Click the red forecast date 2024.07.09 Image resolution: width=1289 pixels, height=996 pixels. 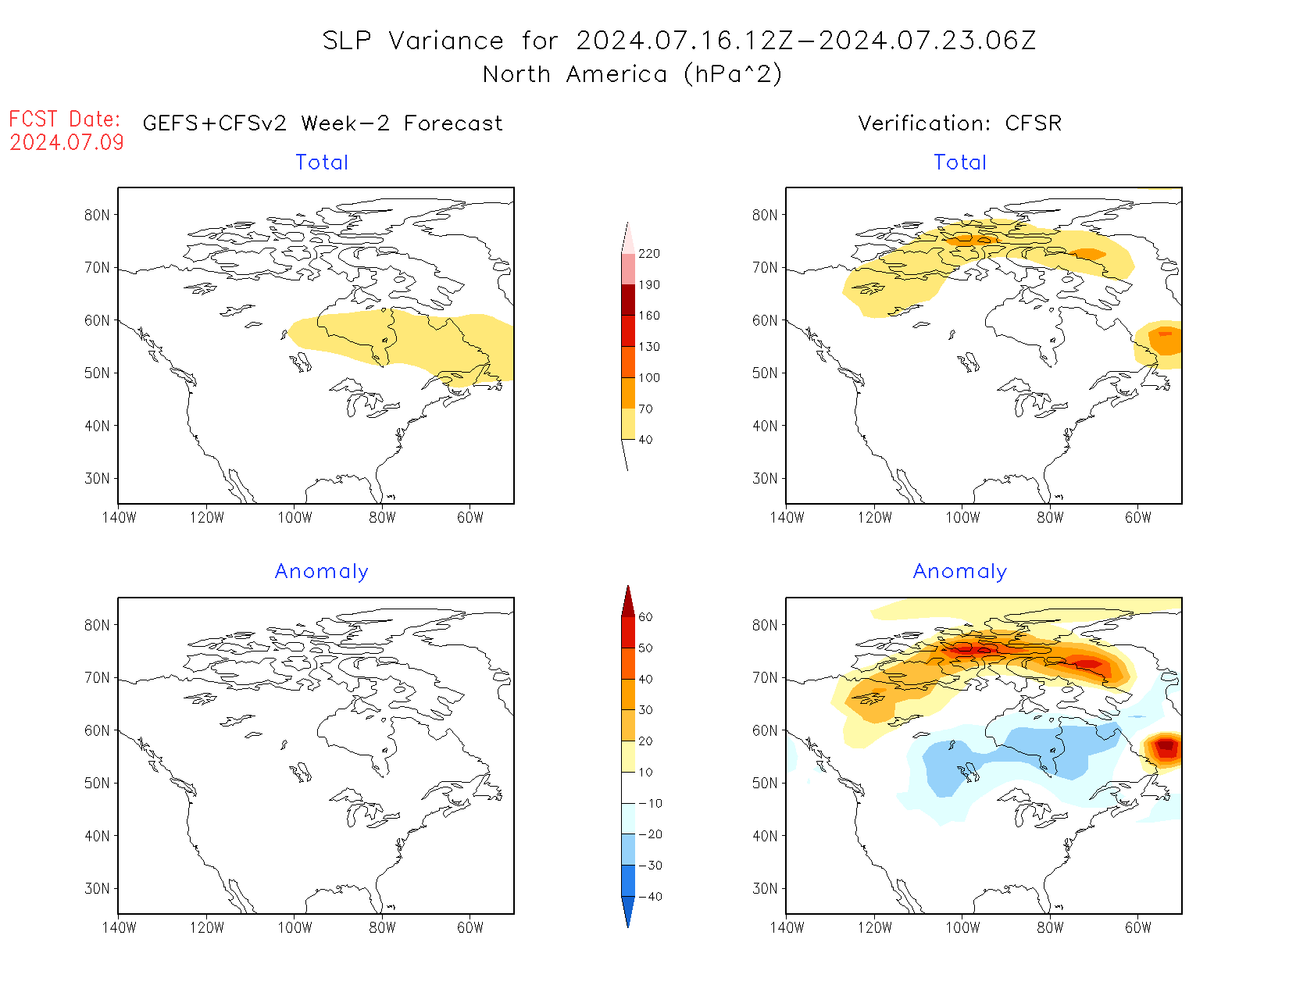(67, 142)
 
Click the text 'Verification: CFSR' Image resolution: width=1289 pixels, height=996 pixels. (959, 123)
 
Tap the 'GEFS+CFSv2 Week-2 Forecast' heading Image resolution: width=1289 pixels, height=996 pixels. (323, 123)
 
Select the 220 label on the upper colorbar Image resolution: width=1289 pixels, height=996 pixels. (648, 254)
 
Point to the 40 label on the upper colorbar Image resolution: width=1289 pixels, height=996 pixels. (645, 440)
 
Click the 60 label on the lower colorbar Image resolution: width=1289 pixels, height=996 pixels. (645, 617)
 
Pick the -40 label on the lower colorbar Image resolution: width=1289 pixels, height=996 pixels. (649, 897)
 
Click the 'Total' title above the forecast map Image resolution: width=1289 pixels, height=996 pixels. (322, 162)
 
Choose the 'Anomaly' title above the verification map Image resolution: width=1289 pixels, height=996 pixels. (960, 572)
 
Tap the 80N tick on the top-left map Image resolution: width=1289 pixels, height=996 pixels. (98, 216)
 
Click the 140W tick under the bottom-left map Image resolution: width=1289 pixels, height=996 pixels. (119, 928)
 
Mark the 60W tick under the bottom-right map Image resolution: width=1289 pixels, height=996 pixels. (1138, 928)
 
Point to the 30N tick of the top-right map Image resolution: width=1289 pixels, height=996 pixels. (765, 479)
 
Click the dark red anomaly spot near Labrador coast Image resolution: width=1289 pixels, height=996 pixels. (1166, 745)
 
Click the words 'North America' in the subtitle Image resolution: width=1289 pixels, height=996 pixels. (575, 74)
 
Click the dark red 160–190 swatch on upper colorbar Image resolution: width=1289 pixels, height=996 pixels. (628, 300)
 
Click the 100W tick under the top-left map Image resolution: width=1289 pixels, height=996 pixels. (295, 518)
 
